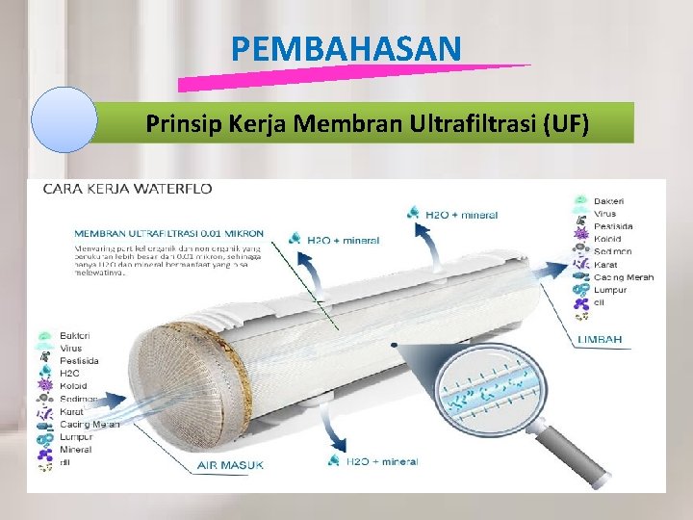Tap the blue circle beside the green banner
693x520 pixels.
(x=64, y=120)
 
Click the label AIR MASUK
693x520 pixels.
(x=231, y=465)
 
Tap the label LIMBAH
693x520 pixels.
(x=600, y=339)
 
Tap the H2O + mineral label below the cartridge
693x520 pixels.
(x=382, y=461)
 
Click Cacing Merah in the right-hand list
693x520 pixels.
(x=624, y=277)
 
